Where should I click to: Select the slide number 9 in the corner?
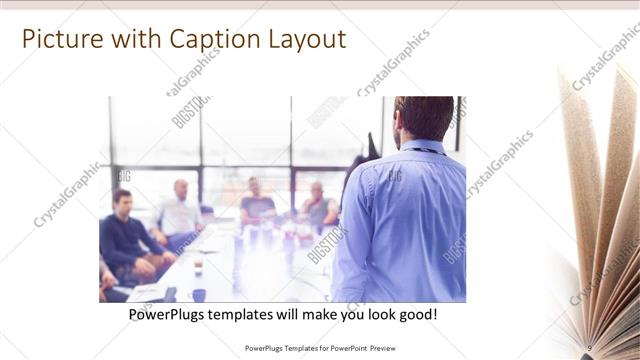click(591, 347)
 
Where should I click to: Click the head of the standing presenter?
click(423, 118)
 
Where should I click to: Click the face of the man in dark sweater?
click(122, 199)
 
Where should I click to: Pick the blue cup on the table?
click(199, 294)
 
